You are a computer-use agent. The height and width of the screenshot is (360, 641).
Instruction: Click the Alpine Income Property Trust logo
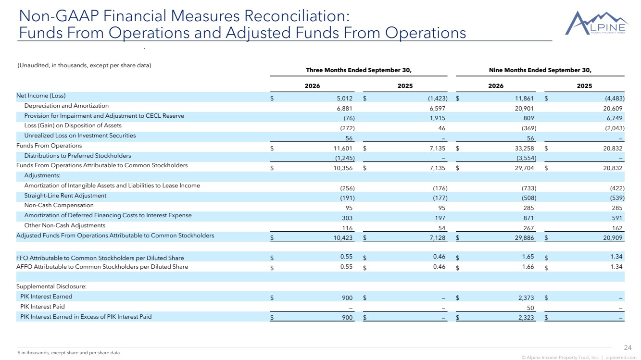point(596,23)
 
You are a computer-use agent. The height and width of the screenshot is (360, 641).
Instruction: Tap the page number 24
point(628,348)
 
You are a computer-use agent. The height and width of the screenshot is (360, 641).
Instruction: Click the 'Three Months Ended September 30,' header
point(359,70)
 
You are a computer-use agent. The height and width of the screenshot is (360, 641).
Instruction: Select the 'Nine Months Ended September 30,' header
point(540,70)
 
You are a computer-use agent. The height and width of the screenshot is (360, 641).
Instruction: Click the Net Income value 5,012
point(344,99)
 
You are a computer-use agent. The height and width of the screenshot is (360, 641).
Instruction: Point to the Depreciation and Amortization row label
point(66,106)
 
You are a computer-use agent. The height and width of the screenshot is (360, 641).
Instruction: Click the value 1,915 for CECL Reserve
point(437,118)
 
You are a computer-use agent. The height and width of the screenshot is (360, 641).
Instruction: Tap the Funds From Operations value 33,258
point(524,148)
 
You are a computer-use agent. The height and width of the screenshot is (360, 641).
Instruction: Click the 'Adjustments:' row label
point(42,175)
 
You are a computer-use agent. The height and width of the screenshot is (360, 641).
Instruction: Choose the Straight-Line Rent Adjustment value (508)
point(529,198)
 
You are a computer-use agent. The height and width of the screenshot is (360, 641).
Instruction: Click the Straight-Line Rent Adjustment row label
point(65,196)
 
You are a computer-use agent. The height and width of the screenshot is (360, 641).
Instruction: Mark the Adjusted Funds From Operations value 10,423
point(343,237)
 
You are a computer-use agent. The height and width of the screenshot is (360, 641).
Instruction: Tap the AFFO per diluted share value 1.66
point(528,266)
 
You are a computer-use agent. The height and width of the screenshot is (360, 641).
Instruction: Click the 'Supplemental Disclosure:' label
point(51,286)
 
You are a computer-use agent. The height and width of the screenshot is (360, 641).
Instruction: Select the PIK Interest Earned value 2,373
point(526,298)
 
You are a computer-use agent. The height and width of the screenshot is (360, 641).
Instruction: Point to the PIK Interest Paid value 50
point(530,308)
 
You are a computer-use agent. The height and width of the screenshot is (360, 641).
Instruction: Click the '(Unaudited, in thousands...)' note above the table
point(85,65)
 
